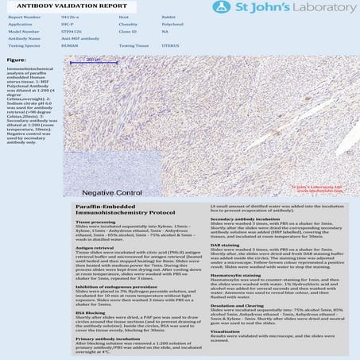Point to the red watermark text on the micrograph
318,190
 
